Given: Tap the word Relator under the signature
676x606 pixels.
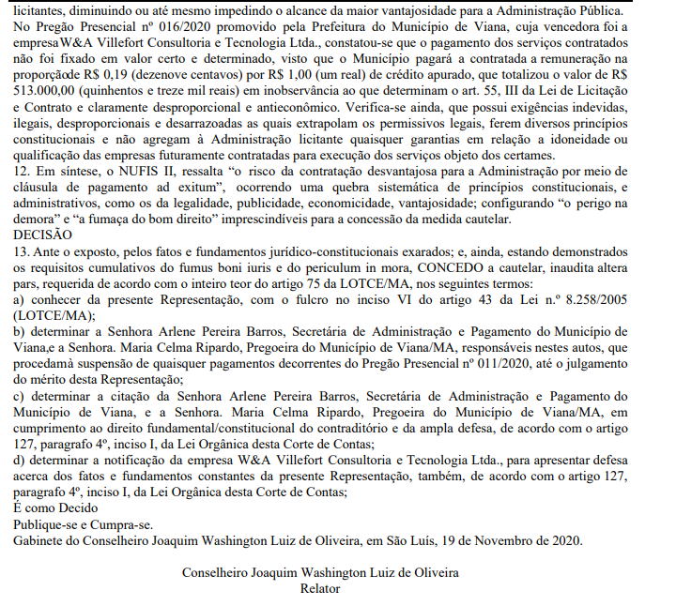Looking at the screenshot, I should click(x=319, y=588).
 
